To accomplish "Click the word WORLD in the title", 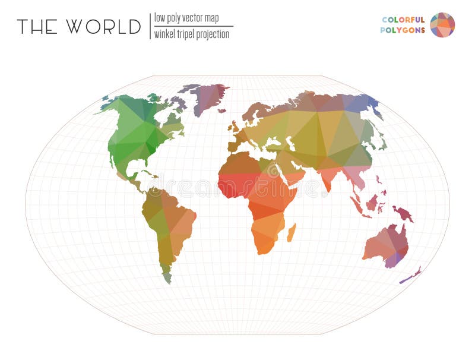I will pyautogui.click(x=104, y=27).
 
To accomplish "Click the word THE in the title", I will pyautogui.click(x=37, y=27).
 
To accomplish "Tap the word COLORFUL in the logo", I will pyautogui.click(x=403, y=20).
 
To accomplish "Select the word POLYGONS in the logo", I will pyautogui.click(x=403, y=30).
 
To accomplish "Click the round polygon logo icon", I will pyautogui.click(x=442, y=25).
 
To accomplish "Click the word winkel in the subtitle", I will pyautogui.click(x=164, y=34).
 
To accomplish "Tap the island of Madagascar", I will pyautogui.click(x=292, y=232).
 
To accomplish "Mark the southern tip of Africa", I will pyautogui.click(x=262, y=251).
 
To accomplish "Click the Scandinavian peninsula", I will pyautogui.click(x=256, y=110).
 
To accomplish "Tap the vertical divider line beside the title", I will pyautogui.click(x=150, y=26).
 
